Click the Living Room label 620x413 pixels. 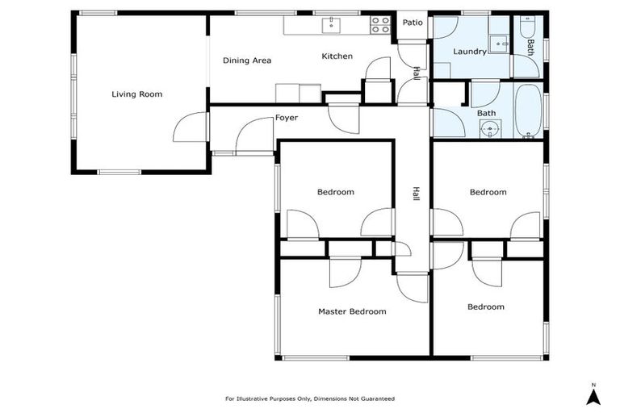[136, 94]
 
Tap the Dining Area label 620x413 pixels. [246, 60]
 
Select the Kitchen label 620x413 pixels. [337, 56]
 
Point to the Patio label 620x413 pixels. [413, 23]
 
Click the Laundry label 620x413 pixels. [469, 52]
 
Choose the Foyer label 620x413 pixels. [286, 118]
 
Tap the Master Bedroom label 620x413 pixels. [351, 311]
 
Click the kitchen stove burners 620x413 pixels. [380, 26]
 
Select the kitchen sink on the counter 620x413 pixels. [331, 25]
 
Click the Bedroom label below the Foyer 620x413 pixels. [335, 192]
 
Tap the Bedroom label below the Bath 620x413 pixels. [488, 192]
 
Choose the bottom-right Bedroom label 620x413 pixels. [485, 307]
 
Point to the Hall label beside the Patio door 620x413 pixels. [416, 73]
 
